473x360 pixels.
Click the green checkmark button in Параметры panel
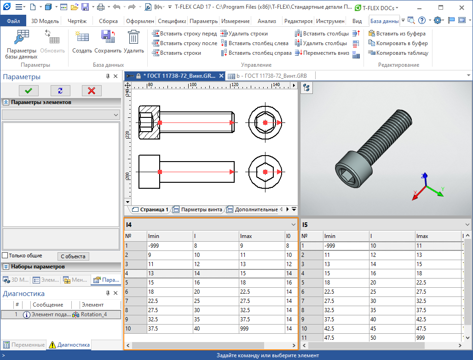pyautogui.click(x=29, y=90)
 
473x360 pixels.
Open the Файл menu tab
pyautogui.click(x=13, y=21)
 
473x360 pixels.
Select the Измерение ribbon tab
pyautogui.click(x=235, y=21)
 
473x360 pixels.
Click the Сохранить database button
pyautogui.click(x=108, y=42)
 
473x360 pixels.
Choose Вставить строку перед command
pyautogui.click(x=184, y=34)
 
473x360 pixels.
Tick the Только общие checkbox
pyautogui.click(x=5, y=255)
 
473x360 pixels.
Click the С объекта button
pyautogui.click(x=73, y=256)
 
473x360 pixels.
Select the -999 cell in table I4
pyautogui.click(x=154, y=246)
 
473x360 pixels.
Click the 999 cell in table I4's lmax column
pyautogui.click(x=247, y=329)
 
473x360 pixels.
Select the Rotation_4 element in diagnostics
pyautogui.click(x=93, y=315)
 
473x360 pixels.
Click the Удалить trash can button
pyautogui.click(x=134, y=42)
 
